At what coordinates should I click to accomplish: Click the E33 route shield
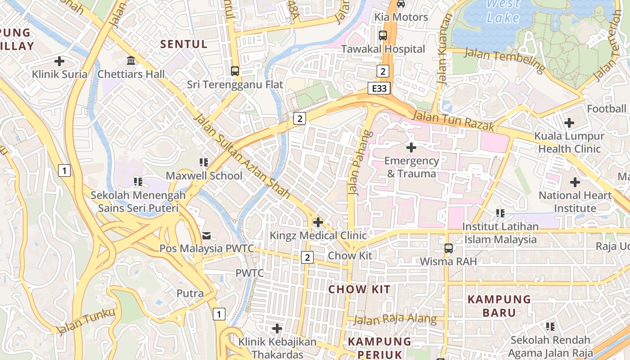(x=379, y=88)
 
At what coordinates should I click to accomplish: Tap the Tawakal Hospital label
(x=383, y=49)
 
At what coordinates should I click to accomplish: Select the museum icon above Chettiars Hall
(x=131, y=60)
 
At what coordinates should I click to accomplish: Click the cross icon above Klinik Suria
(x=59, y=61)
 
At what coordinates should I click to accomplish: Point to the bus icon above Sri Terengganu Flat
(x=235, y=71)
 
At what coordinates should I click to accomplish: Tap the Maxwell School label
(x=204, y=175)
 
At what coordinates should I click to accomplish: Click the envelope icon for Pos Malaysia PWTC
(x=207, y=235)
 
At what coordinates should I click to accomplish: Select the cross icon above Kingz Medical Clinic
(x=318, y=222)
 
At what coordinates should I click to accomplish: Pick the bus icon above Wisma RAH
(x=448, y=248)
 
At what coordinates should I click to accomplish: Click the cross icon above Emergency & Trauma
(x=411, y=147)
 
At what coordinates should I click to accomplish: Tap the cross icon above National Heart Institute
(x=575, y=182)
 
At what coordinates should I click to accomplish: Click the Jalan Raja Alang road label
(x=395, y=320)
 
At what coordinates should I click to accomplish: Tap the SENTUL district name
(x=184, y=44)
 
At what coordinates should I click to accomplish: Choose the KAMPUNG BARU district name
(x=499, y=306)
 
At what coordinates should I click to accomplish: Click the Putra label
(x=190, y=293)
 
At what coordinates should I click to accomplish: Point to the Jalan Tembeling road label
(x=504, y=60)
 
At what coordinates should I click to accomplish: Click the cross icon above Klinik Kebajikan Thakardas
(x=277, y=328)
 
